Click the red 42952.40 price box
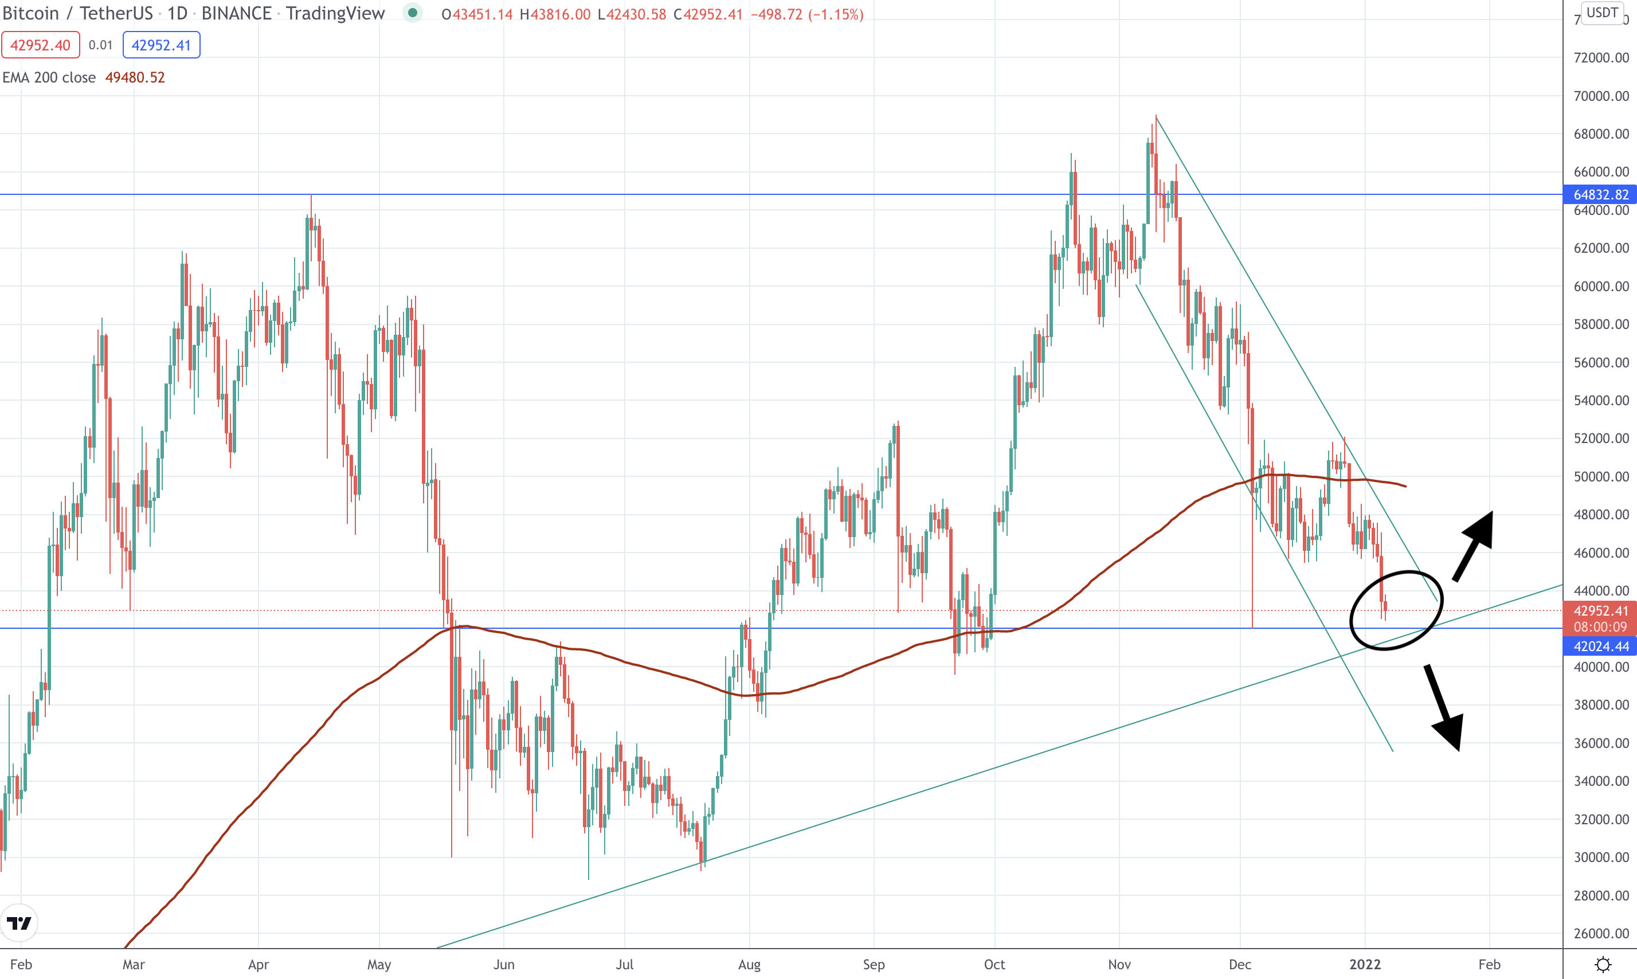(40, 45)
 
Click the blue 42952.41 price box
(161, 45)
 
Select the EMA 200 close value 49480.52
(135, 77)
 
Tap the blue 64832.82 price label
(1600, 195)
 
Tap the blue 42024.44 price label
(1600, 647)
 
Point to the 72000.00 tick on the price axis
(1601, 57)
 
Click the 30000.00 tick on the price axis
(1601, 857)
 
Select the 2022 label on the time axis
(1365, 965)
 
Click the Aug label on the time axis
(749, 965)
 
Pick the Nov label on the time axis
(1119, 965)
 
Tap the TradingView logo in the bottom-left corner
(19, 922)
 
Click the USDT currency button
(1602, 13)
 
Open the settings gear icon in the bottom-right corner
(1603, 965)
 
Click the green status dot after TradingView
(413, 13)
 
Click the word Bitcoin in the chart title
(30, 13)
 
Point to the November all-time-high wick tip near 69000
(1156, 117)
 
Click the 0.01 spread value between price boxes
(101, 45)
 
